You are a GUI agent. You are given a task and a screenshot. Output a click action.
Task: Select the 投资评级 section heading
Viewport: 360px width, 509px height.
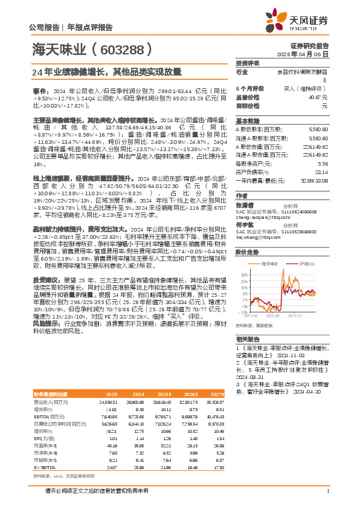tap(247, 63)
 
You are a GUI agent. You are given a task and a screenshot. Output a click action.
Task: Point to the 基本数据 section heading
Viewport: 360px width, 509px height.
tap(247, 120)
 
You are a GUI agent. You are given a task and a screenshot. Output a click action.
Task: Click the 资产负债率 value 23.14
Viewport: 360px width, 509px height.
tap(321, 172)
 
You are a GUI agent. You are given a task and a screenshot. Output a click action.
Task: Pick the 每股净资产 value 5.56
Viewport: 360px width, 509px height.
tap(323, 163)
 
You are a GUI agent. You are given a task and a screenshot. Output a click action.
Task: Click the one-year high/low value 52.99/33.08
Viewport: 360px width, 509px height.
tap(314, 180)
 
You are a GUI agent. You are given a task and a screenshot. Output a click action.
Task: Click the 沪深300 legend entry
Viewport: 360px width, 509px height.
tap(304, 264)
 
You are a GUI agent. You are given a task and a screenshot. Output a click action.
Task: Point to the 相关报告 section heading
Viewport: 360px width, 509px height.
tap(247, 339)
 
